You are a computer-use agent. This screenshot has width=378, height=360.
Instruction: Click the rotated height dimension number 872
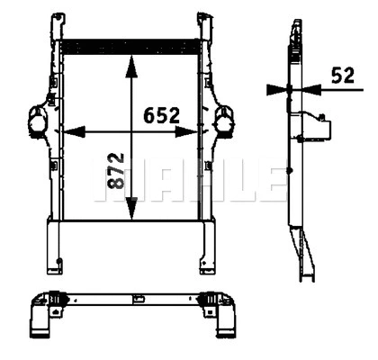115,170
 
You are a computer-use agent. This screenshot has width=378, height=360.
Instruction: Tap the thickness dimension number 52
342,76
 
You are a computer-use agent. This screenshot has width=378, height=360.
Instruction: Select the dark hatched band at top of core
131,44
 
